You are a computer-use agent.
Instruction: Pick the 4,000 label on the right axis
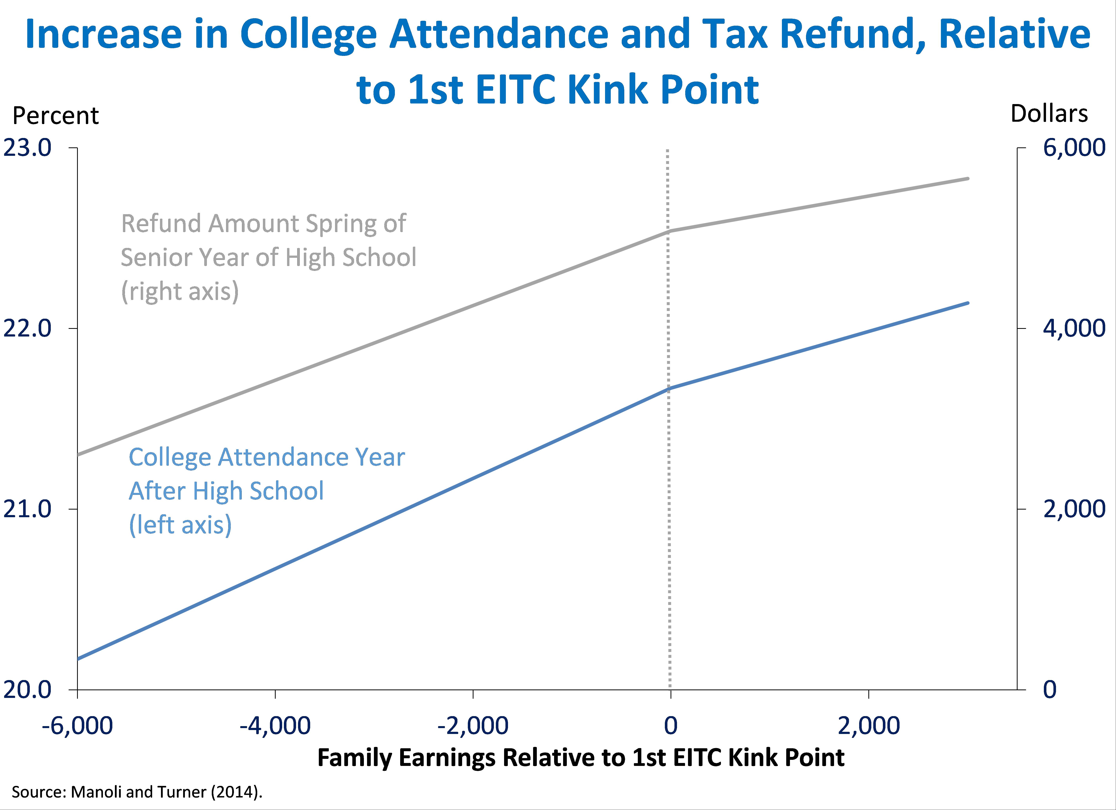point(1074,328)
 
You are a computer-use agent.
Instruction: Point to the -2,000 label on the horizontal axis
point(473,725)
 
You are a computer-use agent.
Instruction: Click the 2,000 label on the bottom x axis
point(869,725)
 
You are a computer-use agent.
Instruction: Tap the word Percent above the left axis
point(56,116)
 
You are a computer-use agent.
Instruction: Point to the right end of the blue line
point(967,303)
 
